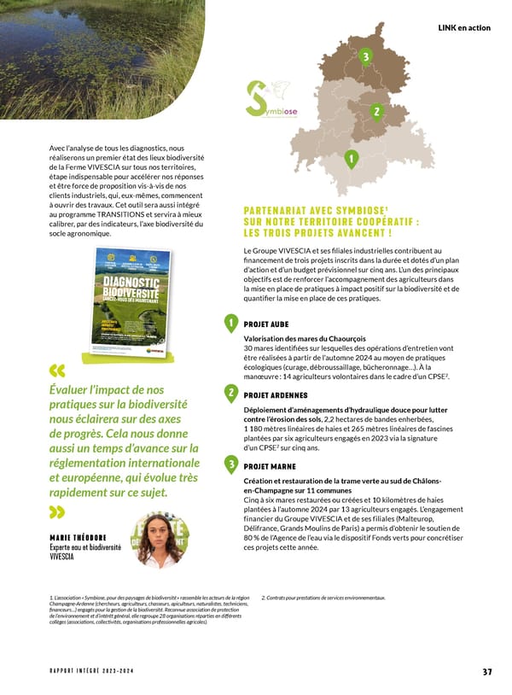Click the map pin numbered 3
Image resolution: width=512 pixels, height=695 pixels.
point(365,57)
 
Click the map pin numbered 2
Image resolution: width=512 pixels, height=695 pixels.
point(376,112)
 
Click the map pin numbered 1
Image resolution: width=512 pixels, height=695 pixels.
point(350,159)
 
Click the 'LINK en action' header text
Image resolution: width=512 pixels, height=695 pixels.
point(463,28)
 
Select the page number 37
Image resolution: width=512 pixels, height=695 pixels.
point(486,671)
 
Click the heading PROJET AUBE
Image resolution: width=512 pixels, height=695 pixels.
point(266,324)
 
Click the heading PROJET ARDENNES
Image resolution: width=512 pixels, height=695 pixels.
point(276,395)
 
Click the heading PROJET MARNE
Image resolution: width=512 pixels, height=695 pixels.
point(270,467)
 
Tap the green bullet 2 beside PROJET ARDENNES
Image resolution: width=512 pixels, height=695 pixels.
point(230,393)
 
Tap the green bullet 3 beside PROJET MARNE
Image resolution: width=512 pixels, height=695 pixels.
point(230,464)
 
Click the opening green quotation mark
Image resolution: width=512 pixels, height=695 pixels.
point(58,371)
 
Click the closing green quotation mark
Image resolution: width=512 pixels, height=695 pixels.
point(58,512)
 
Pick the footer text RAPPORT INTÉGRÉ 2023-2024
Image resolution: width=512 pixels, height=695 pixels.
point(94,671)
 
